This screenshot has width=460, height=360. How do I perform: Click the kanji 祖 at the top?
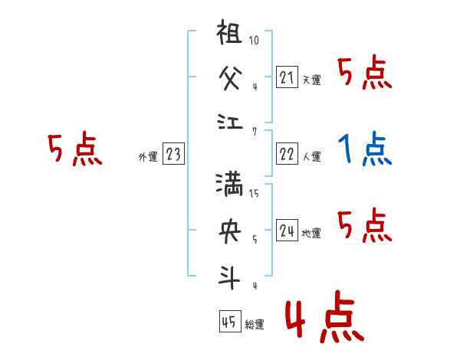click(x=231, y=37)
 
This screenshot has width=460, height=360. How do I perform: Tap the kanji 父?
click(x=231, y=77)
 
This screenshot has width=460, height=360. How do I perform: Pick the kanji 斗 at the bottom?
click(x=231, y=274)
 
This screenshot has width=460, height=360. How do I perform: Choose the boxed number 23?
click(x=173, y=155)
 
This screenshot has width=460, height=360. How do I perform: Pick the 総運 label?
click(x=255, y=325)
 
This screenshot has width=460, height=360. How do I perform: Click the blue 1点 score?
click(x=365, y=149)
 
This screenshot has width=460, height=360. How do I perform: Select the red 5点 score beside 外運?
click(x=74, y=149)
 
